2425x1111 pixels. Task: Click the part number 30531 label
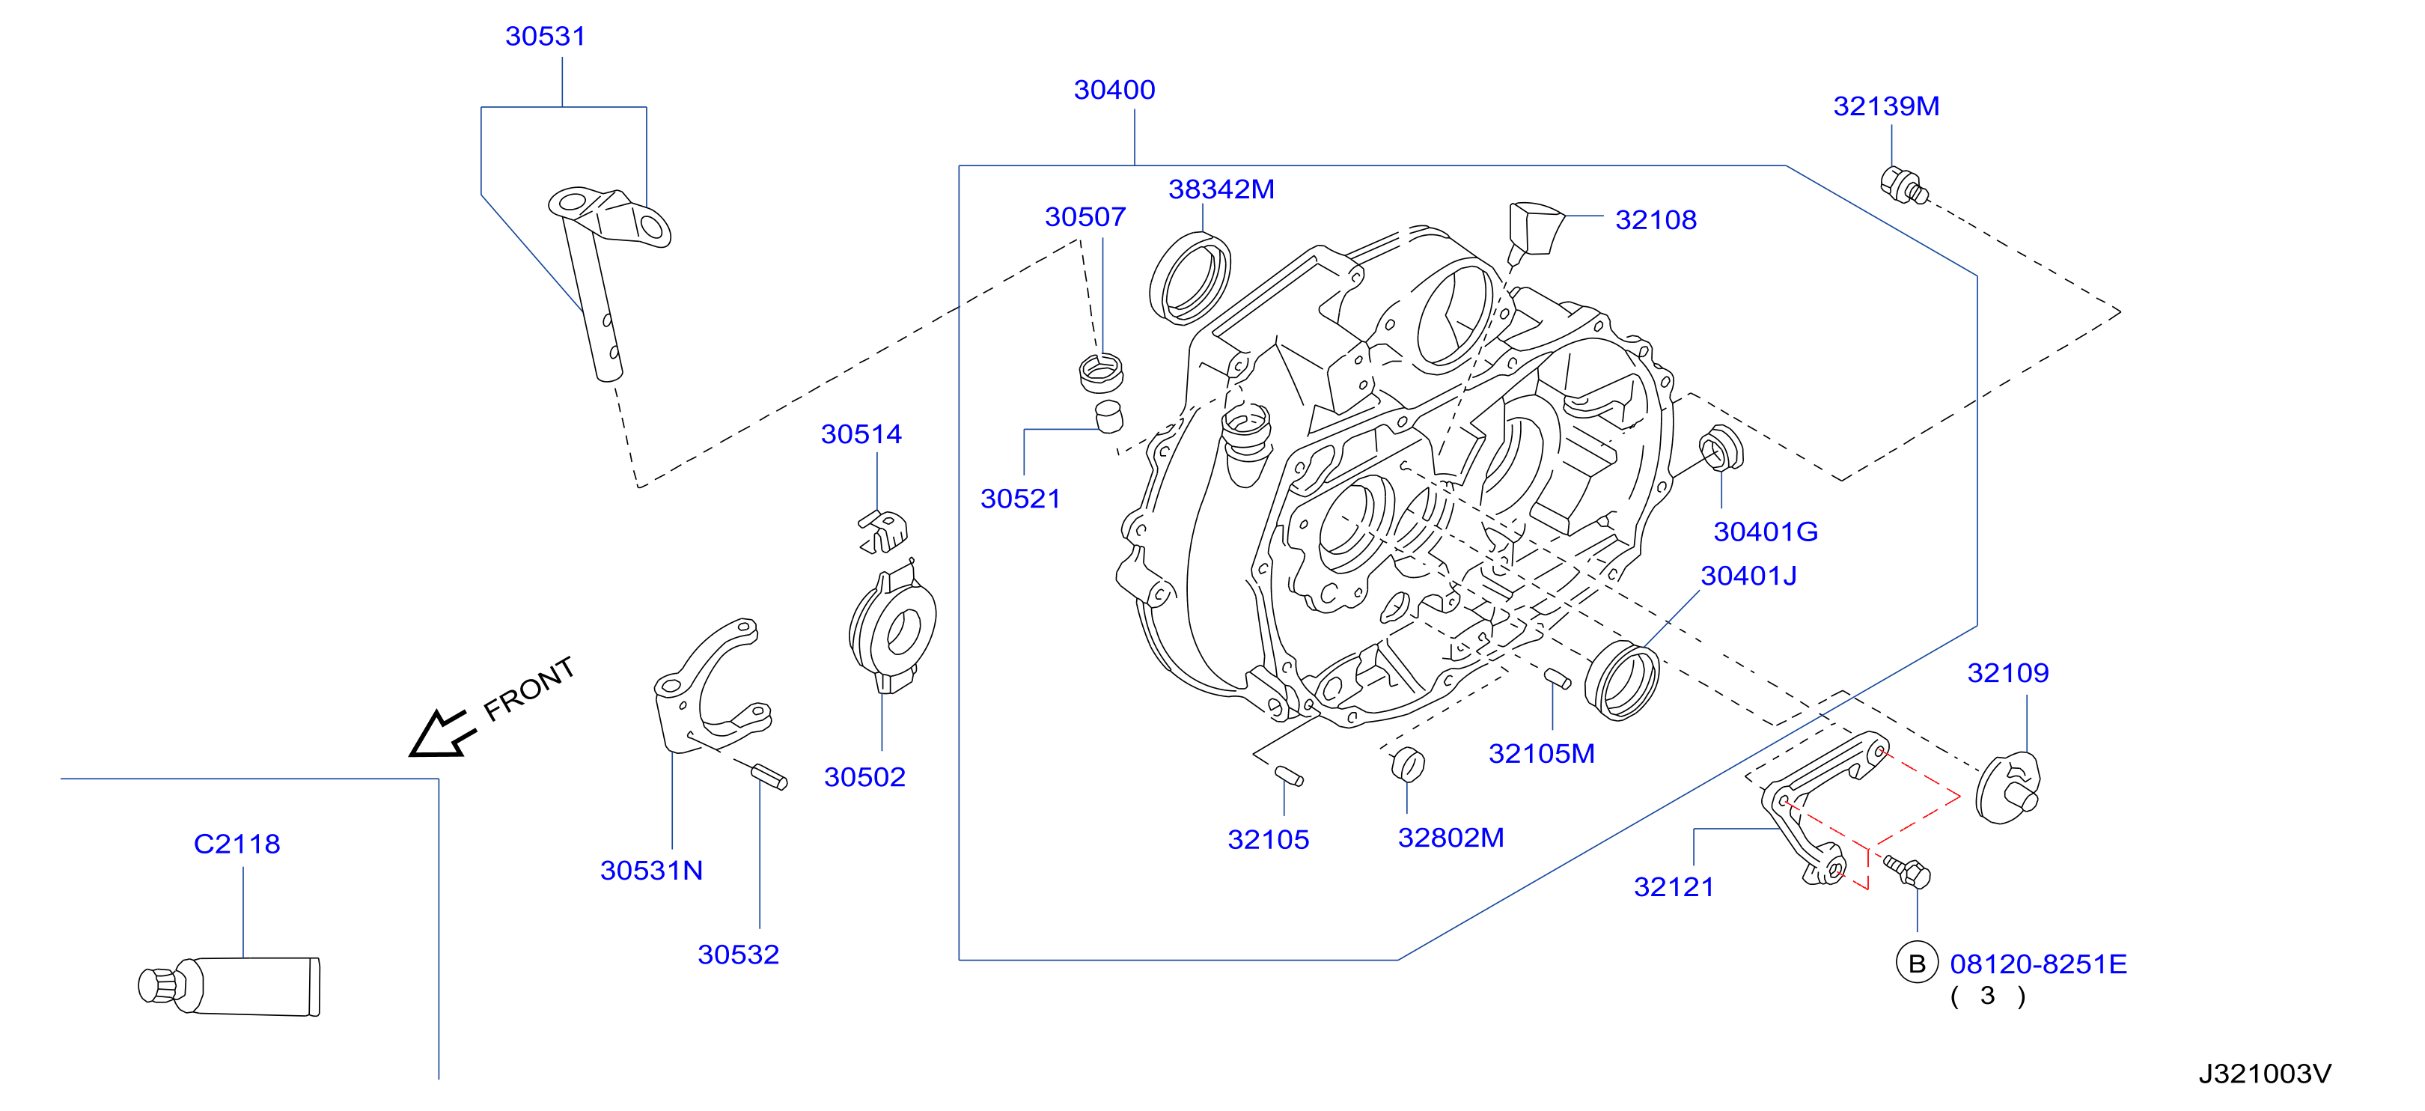[545, 37]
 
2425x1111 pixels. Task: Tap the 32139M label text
[1885, 106]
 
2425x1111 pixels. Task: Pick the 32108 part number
[1656, 220]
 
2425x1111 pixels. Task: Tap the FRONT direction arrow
[442, 734]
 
